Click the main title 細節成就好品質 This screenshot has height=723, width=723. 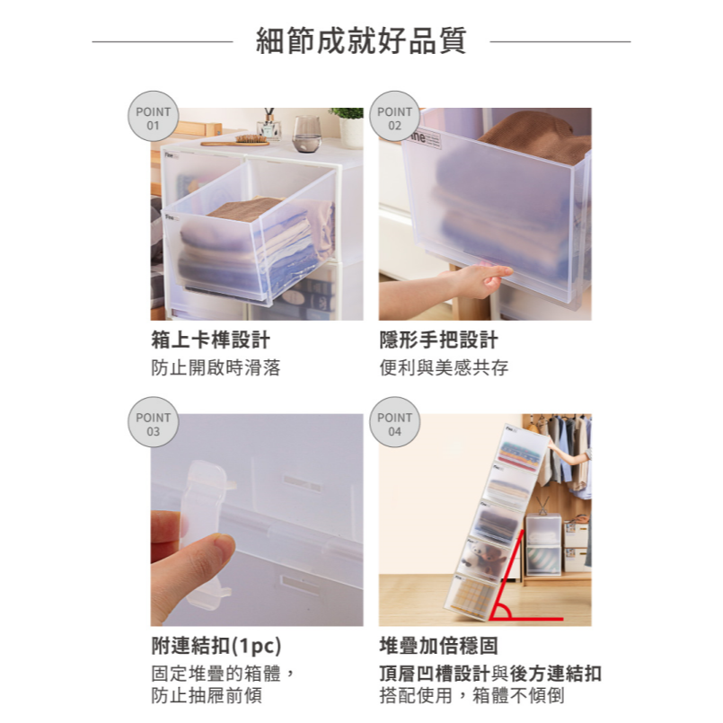[361, 41]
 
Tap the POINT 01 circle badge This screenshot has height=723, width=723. [153, 117]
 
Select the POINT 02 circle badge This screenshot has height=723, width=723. [394, 117]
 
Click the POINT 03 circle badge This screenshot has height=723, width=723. [153, 423]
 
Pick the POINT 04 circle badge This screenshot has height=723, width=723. [394, 423]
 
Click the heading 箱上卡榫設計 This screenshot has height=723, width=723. [209, 341]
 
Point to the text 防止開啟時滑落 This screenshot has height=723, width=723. [216, 368]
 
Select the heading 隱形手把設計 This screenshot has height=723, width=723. [438, 341]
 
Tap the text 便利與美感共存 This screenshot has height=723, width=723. [444, 368]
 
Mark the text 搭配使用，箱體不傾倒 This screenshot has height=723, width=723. [472, 695]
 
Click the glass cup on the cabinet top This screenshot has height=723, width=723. [306, 131]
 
